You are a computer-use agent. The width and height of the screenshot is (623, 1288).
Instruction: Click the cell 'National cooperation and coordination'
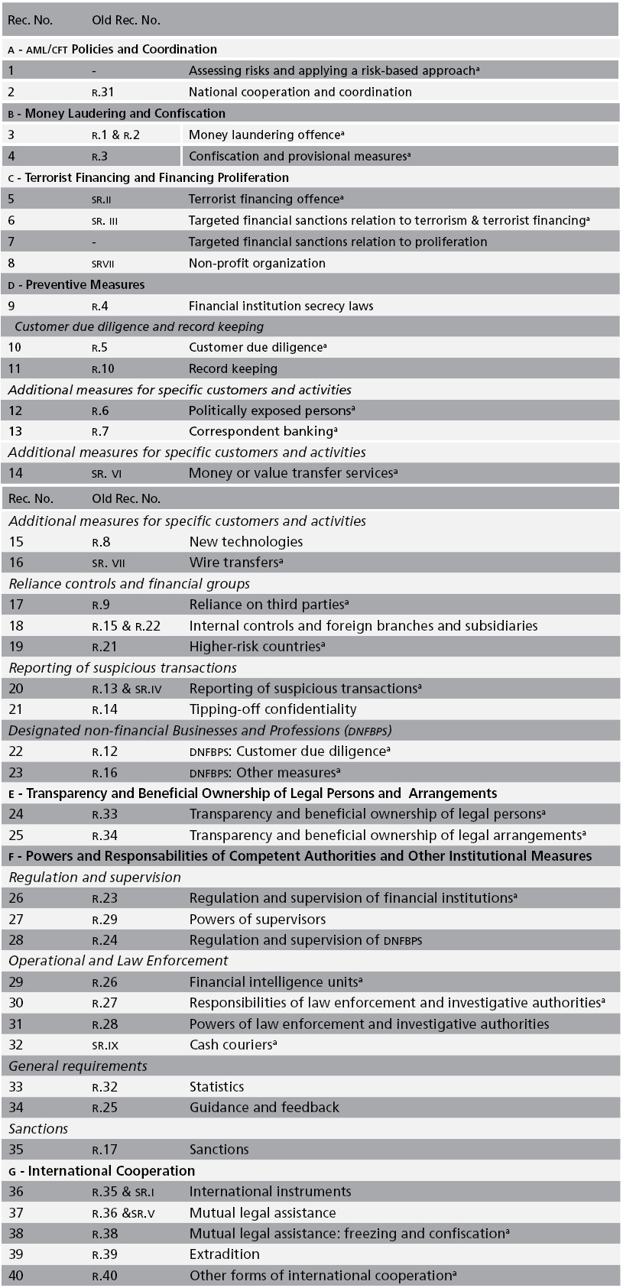coord(300,92)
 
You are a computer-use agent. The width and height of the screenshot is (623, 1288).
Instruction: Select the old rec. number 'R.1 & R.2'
coord(115,135)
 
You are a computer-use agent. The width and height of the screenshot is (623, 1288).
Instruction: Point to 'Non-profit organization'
coord(257,263)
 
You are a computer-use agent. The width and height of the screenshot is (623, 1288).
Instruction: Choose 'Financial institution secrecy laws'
coord(281,306)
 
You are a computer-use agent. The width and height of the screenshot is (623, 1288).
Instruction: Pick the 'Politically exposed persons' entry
coord(271,410)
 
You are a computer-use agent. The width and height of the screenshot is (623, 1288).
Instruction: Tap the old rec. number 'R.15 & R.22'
coord(126,626)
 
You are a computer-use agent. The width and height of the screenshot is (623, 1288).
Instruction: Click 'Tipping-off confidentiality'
coord(273,709)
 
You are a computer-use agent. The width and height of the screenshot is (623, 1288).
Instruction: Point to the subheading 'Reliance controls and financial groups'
coord(129,584)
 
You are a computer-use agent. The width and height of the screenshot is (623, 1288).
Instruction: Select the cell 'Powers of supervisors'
coord(258,919)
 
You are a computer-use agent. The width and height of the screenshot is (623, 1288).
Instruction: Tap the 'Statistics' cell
coord(217,1086)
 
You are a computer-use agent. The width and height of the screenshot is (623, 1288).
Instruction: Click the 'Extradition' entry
coord(225,1254)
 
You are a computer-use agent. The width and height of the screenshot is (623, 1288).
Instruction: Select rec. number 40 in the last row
coord(15,1275)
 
